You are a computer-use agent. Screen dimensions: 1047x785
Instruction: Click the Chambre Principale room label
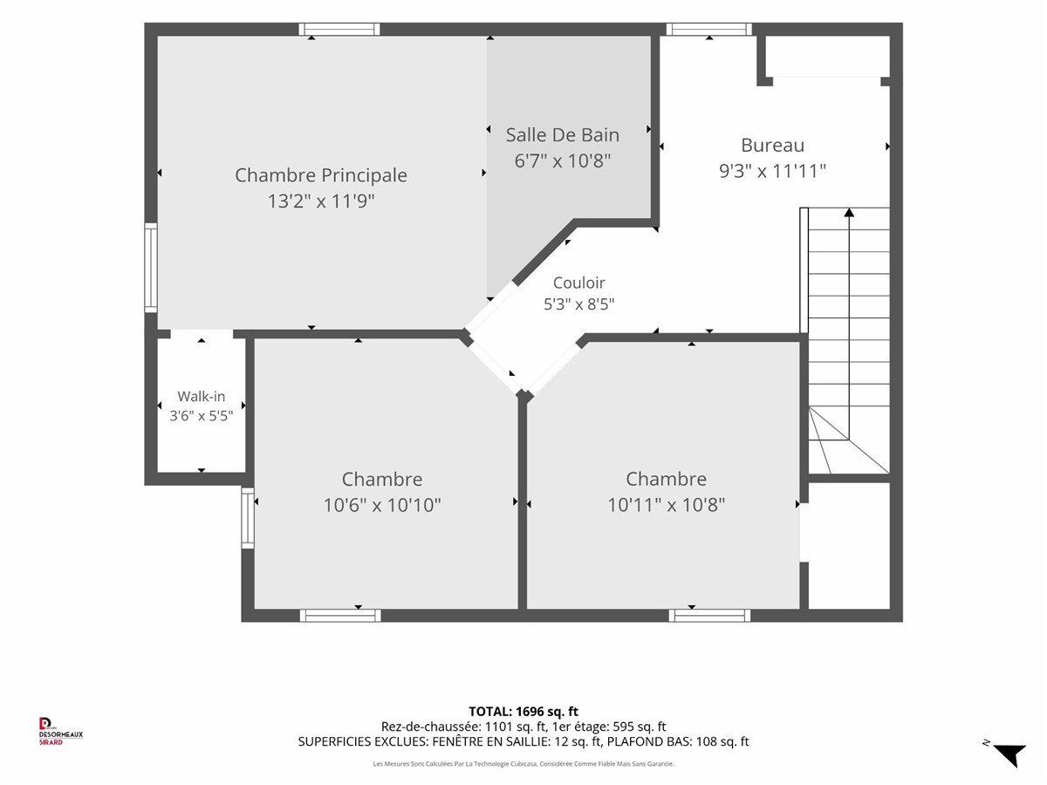(x=321, y=175)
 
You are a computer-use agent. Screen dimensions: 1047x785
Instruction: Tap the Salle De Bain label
(x=563, y=135)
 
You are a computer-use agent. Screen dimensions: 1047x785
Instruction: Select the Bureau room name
(x=772, y=146)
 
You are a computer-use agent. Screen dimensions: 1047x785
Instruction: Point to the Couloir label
(x=579, y=283)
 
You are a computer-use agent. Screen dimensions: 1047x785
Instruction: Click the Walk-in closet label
(x=202, y=396)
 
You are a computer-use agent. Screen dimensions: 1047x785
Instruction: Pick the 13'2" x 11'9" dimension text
(x=321, y=201)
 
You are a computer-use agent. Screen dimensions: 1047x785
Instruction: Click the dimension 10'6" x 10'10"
(x=382, y=505)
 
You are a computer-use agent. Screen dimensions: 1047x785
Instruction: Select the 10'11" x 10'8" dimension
(x=666, y=505)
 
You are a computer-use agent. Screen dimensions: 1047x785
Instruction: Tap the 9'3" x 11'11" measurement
(x=772, y=171)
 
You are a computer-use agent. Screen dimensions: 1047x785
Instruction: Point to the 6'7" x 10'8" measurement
(x=563, y=161)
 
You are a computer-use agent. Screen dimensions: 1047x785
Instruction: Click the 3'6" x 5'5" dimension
(x=202, y=416)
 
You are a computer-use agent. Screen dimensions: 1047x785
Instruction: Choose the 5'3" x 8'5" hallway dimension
(x=579, y=304)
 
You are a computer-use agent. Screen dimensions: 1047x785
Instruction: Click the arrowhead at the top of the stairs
(x=849, y=212)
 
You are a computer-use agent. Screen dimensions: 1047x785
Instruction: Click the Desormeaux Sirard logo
(x=60, y=732)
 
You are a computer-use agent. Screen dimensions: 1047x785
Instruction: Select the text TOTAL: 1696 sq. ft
(x=523, y=712)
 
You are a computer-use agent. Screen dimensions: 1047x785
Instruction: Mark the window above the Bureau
(x=708, y=29)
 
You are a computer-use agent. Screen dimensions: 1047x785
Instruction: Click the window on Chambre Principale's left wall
(x=151, y=268)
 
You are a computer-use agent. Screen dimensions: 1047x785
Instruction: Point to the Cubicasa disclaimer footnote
(x=523, y=764)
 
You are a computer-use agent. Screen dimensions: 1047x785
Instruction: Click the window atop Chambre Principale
(x=339, y=29)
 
